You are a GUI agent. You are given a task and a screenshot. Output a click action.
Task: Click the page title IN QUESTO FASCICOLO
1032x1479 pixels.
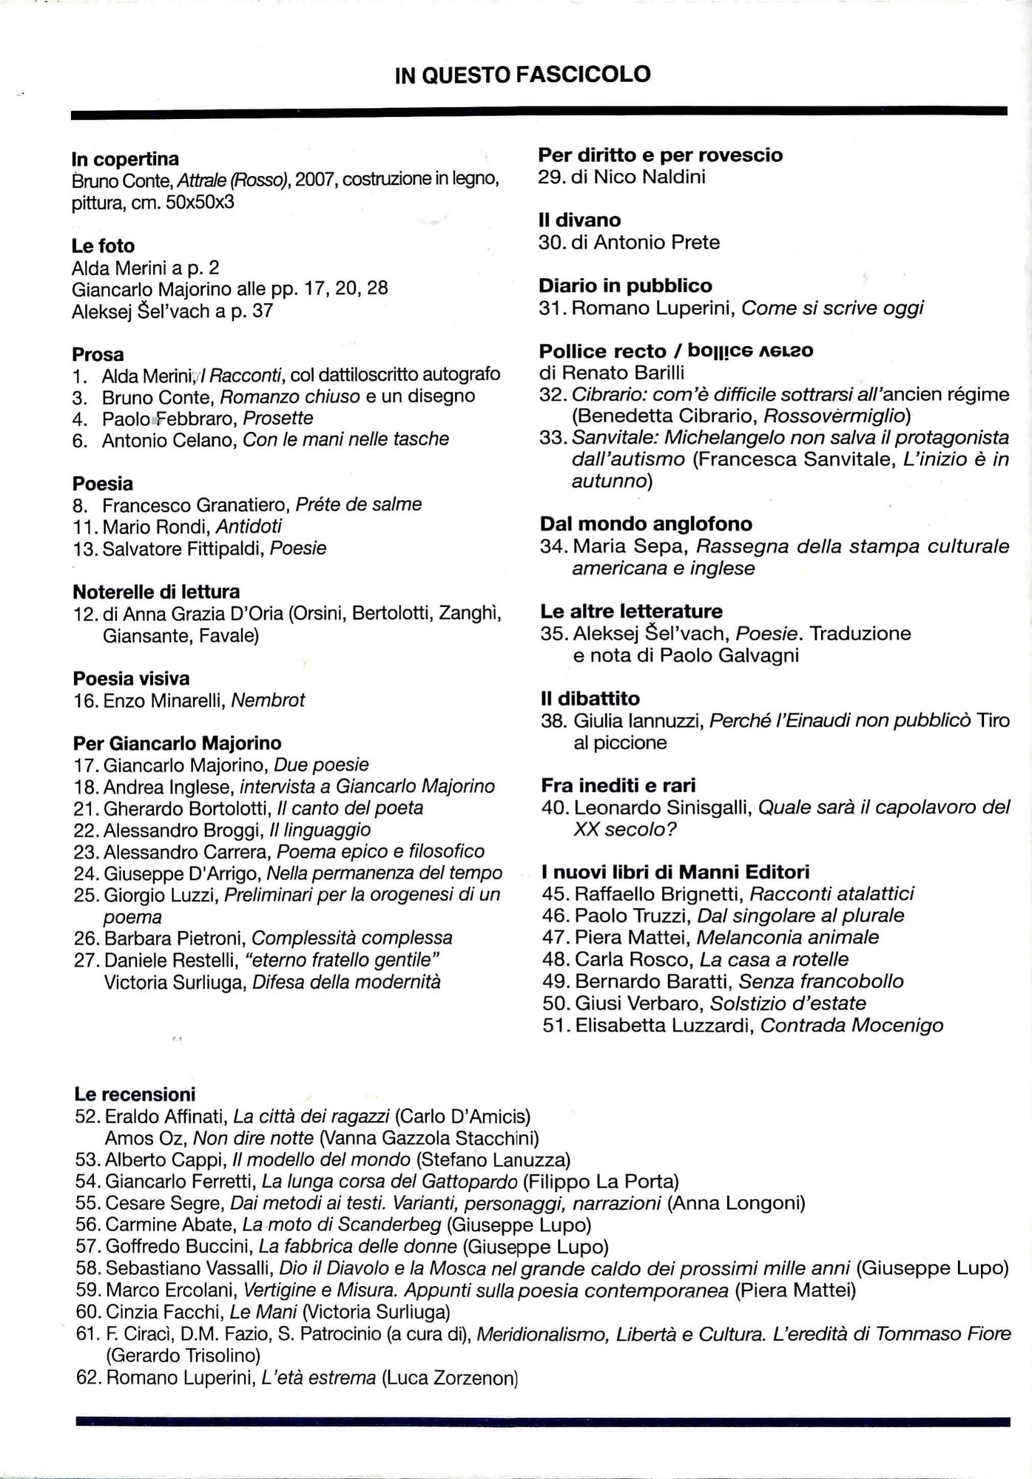[522, 75]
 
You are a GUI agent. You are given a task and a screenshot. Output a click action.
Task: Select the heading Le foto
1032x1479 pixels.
[103, 246]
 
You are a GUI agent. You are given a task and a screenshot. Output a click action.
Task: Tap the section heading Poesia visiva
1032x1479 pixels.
[131, 678]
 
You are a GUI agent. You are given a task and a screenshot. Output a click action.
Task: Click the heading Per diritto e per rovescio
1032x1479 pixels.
[660, 155]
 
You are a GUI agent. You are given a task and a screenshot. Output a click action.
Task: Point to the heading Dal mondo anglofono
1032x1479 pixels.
[646, 524]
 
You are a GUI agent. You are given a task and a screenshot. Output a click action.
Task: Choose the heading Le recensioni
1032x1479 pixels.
[135, 1094]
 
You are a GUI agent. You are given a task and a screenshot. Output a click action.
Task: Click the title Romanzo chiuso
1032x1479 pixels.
[290, 396]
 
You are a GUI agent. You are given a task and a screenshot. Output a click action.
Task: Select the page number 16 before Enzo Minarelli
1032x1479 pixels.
[85, 700]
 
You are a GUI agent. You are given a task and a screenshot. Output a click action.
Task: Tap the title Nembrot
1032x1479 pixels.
[268, 700]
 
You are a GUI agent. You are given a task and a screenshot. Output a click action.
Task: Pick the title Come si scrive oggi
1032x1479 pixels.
[832, 308]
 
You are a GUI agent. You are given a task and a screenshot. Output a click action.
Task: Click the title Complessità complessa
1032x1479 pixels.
[352, 938]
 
